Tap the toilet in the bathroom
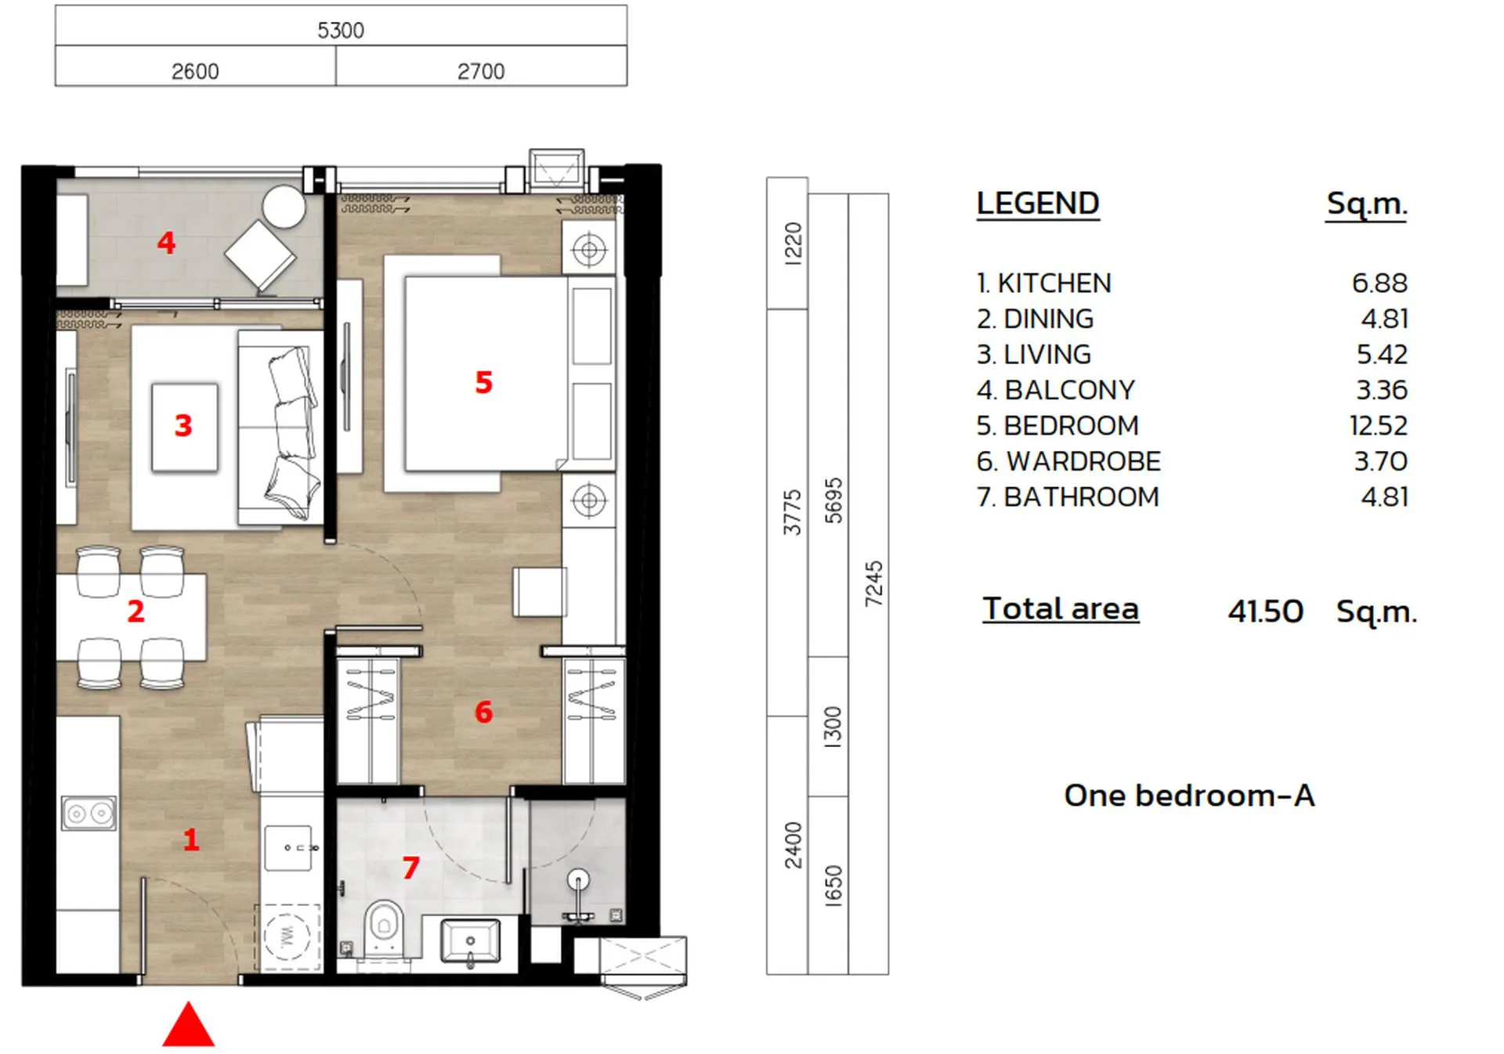tap(384, 928)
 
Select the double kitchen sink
tap(89, 814)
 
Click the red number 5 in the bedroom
tap(484, 383)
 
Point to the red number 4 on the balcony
tap(166, 243)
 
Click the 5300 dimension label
tap(341, 31)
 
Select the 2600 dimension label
tap(195, 72)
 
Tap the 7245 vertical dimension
tap(873, 583)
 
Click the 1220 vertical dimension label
tap(793, 244)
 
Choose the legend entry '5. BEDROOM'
tap(1057, 426)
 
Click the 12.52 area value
tap(1378, 426)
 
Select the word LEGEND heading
tap(1038, 204)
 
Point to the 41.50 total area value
tap(1265, 612)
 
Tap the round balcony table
tap(284, 207)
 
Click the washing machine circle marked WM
tap(287, 936)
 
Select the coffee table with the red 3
tap(185, 427)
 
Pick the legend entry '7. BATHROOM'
tap(1067, 497)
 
